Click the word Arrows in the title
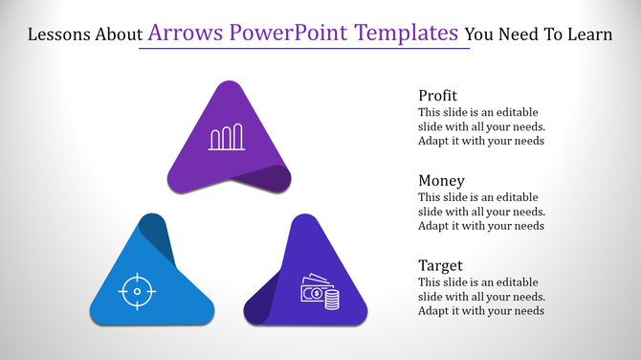pyautogui.click(x=182, y=34)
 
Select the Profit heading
pyautogui.click(x=438, y=96)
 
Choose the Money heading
pyautogui.click(x=442, y=180)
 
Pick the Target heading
pyautogui.click(x=441, y=265)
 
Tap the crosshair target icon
pyautogui.click(x=137, y=290)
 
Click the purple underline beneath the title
pyautogui.click(x=304, y=49)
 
